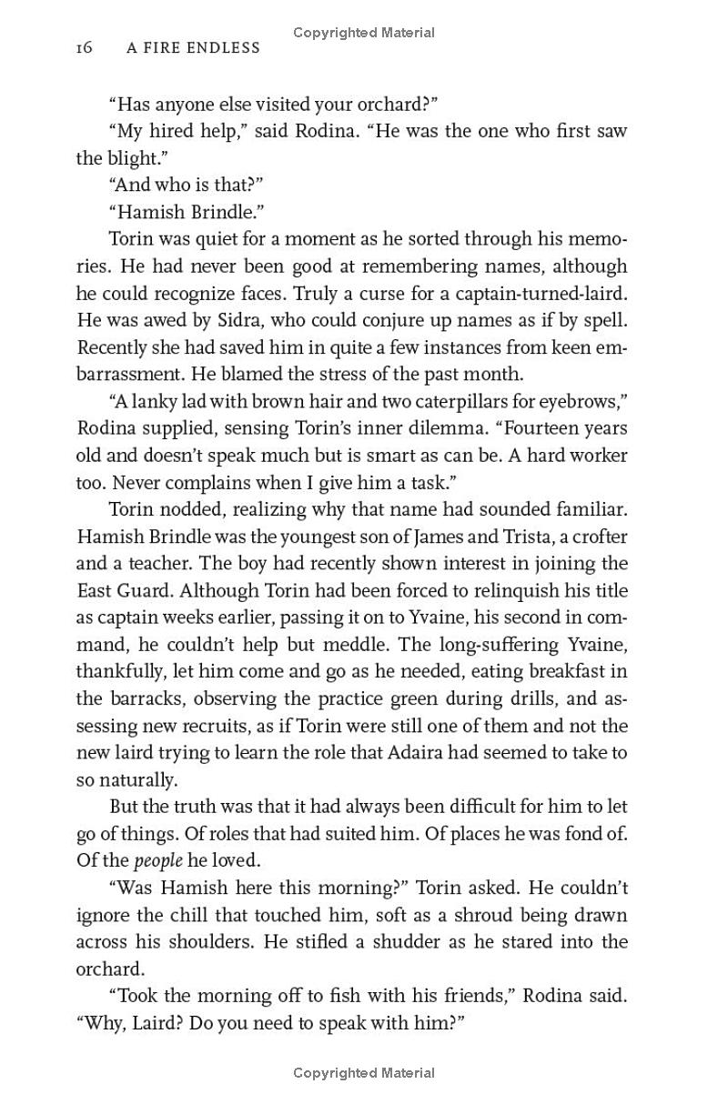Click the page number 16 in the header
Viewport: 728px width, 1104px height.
pos(84,48)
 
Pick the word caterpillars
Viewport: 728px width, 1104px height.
pos(460,401)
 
